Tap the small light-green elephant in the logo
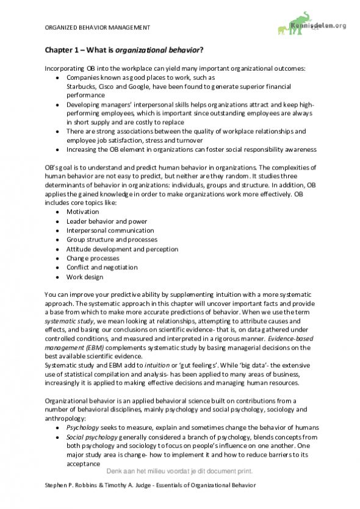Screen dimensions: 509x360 pos(283,29)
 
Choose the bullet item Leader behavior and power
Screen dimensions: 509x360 pos(102,221)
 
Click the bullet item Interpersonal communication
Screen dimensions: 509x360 pos(106,230)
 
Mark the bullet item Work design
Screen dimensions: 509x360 pos(81,277)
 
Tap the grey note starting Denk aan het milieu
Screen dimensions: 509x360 pos(179,471)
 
